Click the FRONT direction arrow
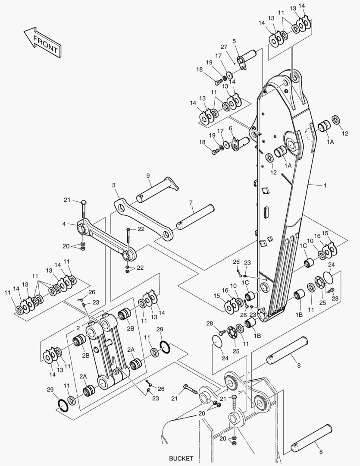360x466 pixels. (43, 42)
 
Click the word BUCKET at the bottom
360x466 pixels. (181, 459)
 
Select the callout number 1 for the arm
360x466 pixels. (325, 186)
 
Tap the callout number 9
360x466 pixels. (148, 176)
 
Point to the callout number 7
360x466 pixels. (191, 203)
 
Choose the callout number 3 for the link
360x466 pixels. (114, 185)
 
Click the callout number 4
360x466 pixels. (64, 224)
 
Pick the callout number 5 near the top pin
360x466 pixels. (234, 41)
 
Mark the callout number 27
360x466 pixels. (224, 47)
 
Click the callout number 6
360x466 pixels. (231, 128)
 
